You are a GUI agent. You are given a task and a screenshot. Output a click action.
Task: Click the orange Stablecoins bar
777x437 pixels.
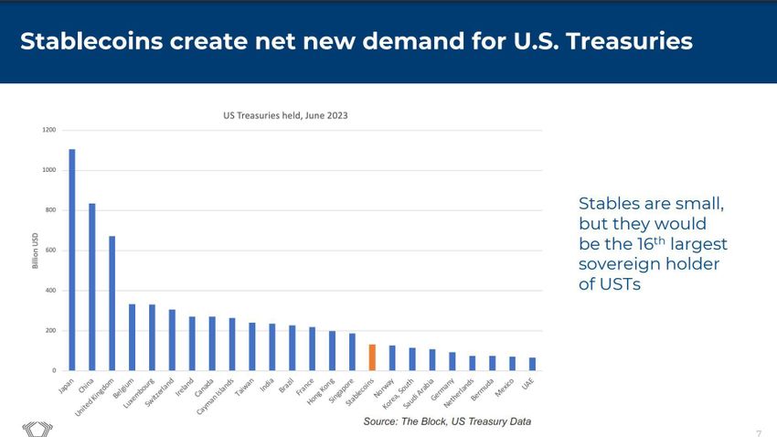click(372, 357)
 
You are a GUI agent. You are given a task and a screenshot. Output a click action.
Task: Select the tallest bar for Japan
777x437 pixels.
click(72, 260)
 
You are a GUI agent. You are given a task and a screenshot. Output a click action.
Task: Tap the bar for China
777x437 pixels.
click(92, 287)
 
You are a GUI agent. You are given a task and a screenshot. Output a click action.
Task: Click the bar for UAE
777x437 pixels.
click(532, 364)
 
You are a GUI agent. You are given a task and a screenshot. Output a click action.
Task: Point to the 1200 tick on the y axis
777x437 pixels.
click(48, 130)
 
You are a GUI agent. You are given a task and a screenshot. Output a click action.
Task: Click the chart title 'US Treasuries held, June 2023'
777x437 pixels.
click(285, 116)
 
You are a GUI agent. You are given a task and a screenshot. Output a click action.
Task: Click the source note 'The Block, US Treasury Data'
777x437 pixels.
click(447, 421)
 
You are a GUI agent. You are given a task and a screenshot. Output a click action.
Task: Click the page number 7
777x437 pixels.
click(759, 432)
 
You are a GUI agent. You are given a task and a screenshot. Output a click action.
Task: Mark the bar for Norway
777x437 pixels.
click(392, 358)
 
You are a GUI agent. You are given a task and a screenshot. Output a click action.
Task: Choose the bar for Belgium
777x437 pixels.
click(133, 337)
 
